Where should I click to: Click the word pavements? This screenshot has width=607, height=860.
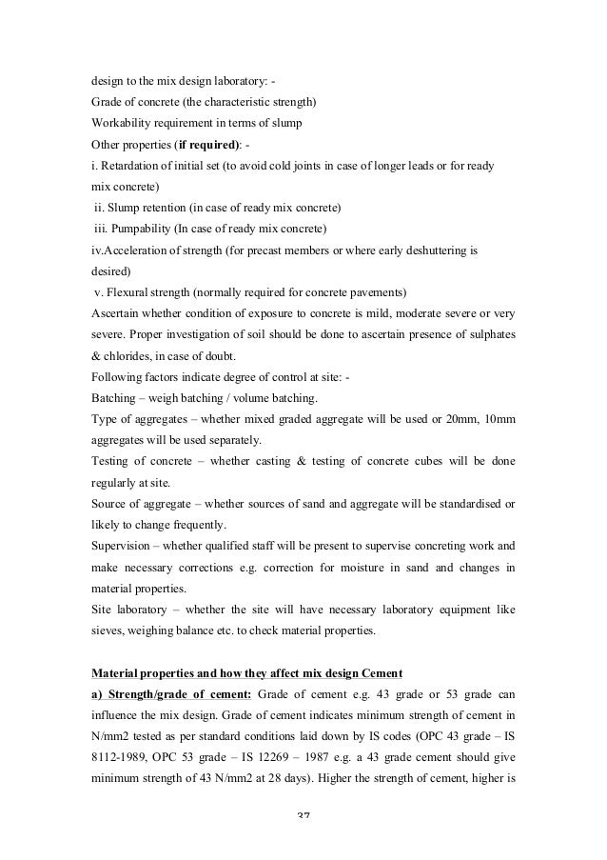(377, 291)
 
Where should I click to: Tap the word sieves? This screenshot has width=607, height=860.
(107, 630)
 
